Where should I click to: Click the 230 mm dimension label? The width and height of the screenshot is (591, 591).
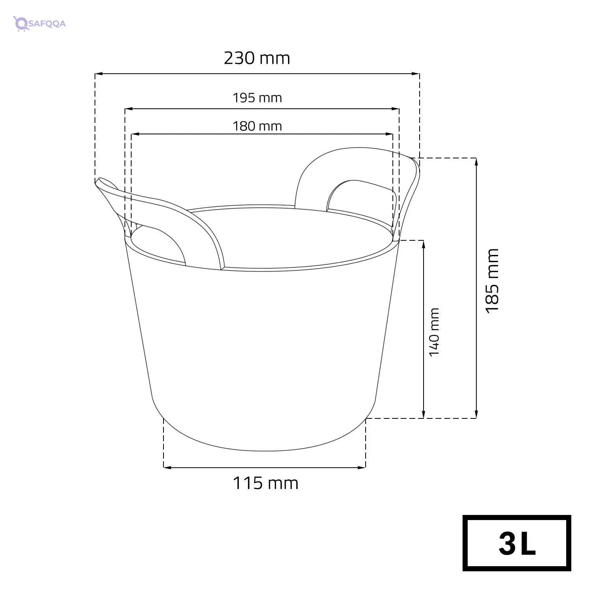(257, 58)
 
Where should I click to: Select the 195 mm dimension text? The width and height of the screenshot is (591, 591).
(257, 97)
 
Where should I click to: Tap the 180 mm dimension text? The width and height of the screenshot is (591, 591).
(257, 126)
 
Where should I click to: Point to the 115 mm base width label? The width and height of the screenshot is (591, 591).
(265, 483)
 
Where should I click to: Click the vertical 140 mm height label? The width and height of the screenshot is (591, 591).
(434, 332)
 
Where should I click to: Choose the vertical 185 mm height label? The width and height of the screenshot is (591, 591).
(492, 281)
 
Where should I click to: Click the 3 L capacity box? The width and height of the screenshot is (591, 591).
(517, 543)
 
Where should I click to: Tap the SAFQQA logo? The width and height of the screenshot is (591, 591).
(39, 23)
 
